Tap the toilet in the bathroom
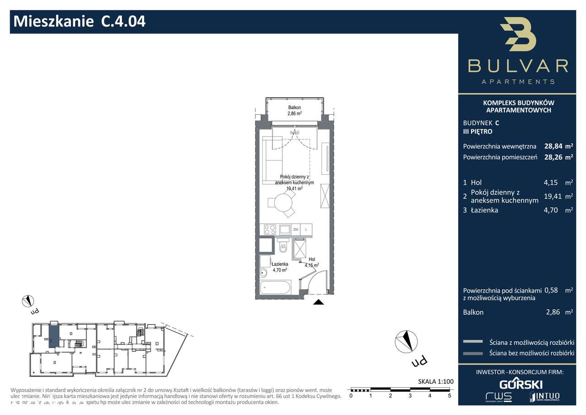[x=282, y=248]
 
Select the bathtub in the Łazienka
[x=275, y=288]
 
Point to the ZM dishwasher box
[x=296, y=229]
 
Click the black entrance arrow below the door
[x=319, y=302]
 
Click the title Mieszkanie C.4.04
[x=80, y=21]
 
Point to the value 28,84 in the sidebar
[x=553, y=147]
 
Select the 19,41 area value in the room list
[x=552, y=196]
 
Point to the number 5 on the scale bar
[x=450, y=395]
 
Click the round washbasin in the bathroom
[x=263, y=274]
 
